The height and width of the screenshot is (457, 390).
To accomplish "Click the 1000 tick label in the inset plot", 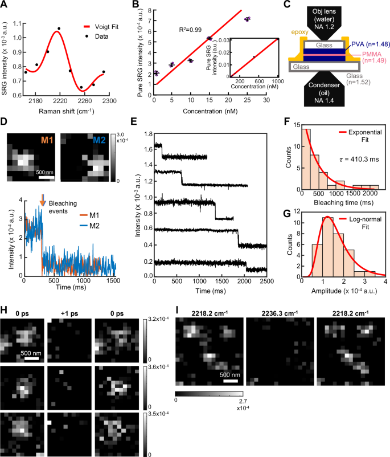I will [x=277, y=81].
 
